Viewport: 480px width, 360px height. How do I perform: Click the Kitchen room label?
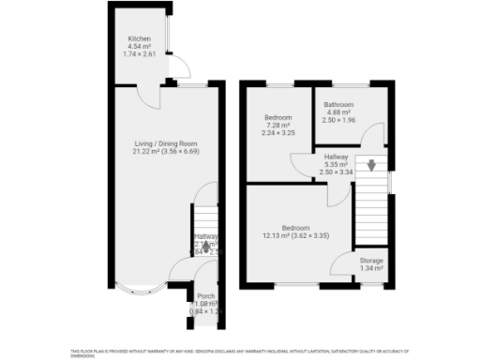(140, 39)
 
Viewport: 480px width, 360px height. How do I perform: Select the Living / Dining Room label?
(166, 143)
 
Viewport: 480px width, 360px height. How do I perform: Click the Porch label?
(205, 296)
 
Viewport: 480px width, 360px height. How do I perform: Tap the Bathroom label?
(338, 105)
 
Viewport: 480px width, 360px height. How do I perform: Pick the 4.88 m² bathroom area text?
(338, 112)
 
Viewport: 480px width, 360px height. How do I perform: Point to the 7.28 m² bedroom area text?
(277, 126)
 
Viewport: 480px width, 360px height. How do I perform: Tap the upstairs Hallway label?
(336, 157)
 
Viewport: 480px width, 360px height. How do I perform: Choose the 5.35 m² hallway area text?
(336, 165)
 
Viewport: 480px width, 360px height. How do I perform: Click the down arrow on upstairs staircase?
(372, 167)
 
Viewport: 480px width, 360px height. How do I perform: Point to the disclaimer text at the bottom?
(240, 352)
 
